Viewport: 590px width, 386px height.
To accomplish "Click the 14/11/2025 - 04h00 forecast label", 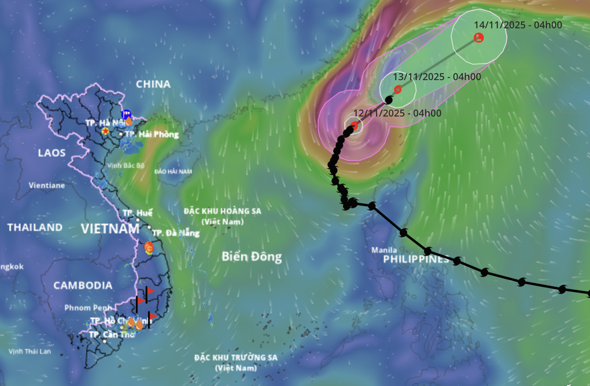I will [518, 25].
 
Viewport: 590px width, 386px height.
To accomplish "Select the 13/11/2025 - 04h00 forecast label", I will [437, 76].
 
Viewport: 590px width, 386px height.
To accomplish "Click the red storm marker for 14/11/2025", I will [479, 38].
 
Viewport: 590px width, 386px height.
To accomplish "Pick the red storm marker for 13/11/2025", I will [397, 90].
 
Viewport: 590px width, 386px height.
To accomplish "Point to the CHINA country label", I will [153, 84].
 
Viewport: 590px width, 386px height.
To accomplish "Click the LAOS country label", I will [51, 153].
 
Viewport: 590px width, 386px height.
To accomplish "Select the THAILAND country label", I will [35, 227].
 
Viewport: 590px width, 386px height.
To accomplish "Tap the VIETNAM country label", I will [110, 229].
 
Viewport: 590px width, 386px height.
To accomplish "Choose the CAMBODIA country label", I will [83, 285].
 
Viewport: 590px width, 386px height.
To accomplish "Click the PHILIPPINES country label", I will [416, 260].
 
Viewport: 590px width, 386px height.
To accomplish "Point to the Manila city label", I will [385, 250].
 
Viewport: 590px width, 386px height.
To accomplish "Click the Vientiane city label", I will [47, 185].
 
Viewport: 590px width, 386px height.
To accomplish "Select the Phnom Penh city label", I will [88, 307].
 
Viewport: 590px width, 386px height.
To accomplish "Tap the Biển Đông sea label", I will [252, 257].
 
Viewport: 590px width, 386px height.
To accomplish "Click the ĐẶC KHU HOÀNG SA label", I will [223, 211].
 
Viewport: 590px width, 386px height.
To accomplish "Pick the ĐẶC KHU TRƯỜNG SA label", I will [235, 357].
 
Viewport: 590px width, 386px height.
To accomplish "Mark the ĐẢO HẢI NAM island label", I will [173, 172].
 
